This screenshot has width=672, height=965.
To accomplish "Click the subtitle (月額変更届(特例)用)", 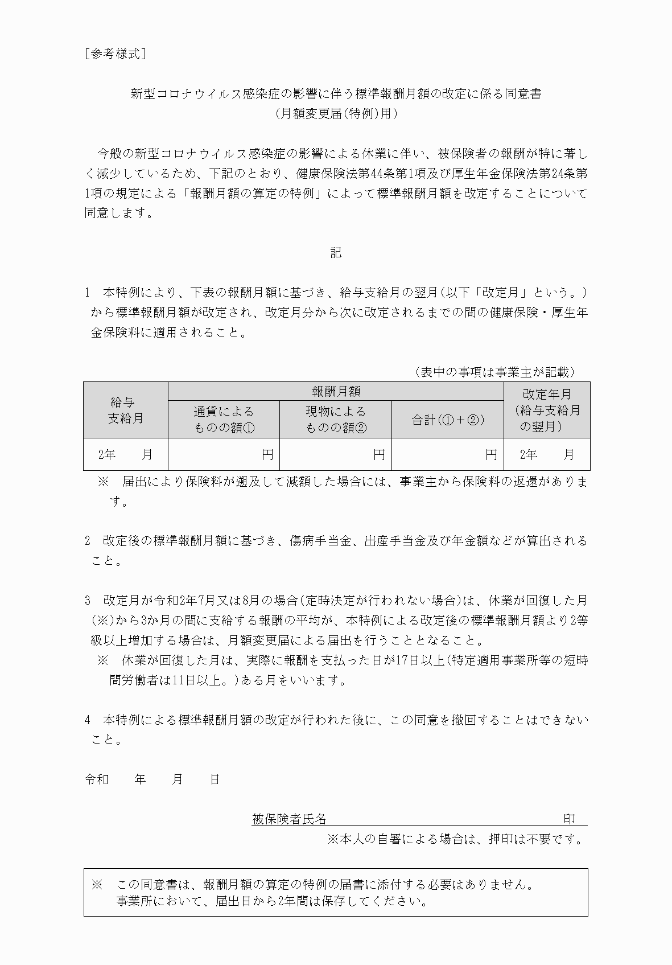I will tap(336, 113).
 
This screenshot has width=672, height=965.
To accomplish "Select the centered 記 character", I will tap(336, 252).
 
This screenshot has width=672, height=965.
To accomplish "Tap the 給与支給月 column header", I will tap(126, 410).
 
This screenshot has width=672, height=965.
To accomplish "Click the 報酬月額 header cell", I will tap(336, 391).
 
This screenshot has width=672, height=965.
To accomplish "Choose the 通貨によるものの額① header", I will tap(224, 419).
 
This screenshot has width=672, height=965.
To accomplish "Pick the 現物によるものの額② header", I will tap(336, 419).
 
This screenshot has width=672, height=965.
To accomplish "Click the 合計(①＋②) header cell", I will tap(448, 420).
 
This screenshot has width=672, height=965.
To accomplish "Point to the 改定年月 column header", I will tap(547, 410).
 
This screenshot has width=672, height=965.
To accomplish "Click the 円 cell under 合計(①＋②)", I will tap(448, 454).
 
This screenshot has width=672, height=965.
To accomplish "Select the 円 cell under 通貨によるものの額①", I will tap(224, 454).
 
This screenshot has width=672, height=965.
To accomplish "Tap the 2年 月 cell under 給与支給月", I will tap(126, 454).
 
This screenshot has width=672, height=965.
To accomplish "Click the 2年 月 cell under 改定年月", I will tap(547, 454).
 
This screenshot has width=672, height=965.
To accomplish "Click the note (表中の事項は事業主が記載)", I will tap(494, 372).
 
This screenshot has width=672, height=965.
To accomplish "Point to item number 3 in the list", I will tap(88, 600).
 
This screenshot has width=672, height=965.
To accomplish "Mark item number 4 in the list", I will tap(88, 720).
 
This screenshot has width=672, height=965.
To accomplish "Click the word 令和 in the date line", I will tap(96, 779).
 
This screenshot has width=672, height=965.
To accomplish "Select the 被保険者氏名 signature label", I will tap(289, 819).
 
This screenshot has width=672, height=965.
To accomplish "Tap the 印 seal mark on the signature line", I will tap(569, 819).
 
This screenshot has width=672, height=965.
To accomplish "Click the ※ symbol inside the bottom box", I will tap(97, 885).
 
